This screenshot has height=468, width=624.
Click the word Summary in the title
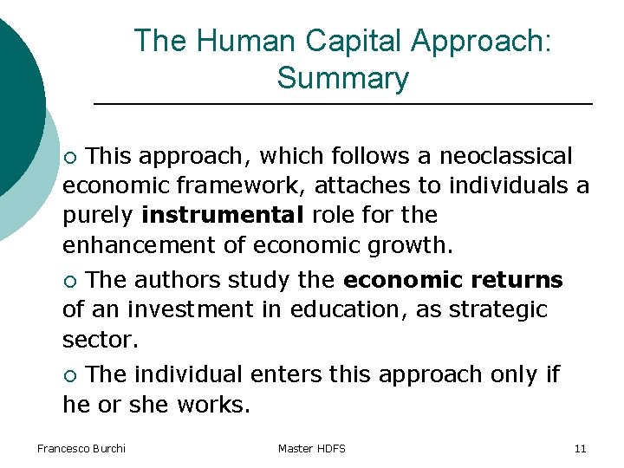(342, 79)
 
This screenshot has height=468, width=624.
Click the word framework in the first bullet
(241, 185)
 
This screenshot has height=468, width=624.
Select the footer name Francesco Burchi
(81, 448)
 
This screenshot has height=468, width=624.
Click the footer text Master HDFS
(312, 448)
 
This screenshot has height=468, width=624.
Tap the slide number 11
(580, 448)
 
